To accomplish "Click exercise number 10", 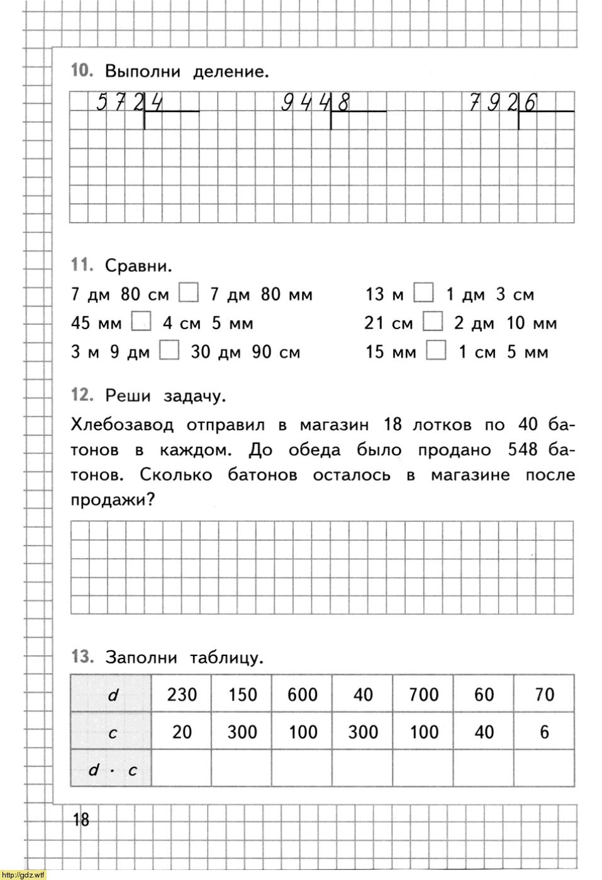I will click(82, 71).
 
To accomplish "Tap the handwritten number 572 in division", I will click(120, 102).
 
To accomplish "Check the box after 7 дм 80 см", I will click(188, 293).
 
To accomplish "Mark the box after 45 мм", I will click(142, 322).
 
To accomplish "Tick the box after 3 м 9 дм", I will click(169, 351).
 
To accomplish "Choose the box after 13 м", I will click(424, 293).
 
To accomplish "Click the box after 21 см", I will click(433, 322).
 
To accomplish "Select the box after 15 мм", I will click(436, 351).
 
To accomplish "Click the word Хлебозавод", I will click(122, 425).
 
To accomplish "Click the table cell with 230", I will click(181, 694).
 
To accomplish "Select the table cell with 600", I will click(302, 694).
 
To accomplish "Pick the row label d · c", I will click(112, 769).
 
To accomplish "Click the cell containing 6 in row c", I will click(544, 731).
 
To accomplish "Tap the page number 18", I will click(81, 820).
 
